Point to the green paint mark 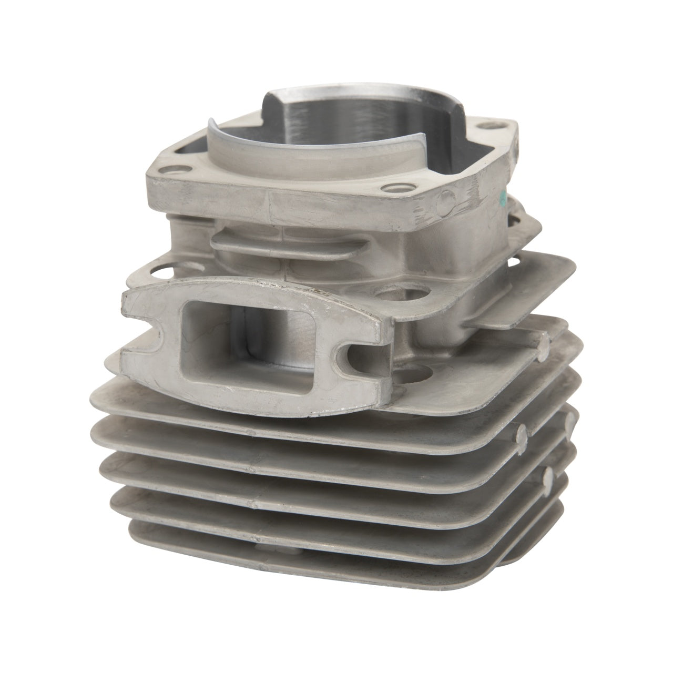click(503, 199)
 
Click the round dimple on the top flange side click(446, 201)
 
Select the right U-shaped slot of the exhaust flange click(351, 363)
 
